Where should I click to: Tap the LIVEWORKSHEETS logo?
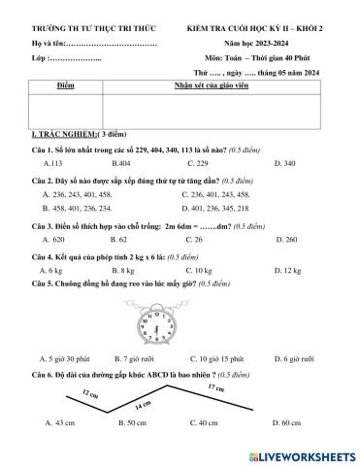pyautogui.click(x=302, y=454)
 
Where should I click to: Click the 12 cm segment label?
pyautogui.click(x=64, y=394)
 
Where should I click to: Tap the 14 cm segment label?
pyautogui.click(x=144, y=403)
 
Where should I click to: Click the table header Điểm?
pyautogui.click(x=66, y=86)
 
